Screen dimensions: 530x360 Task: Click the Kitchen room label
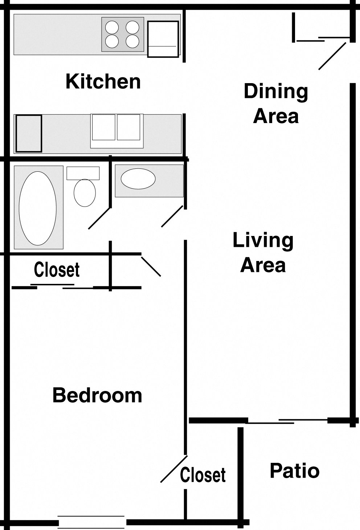click(103, 81)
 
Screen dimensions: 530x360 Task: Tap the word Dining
click(276, 91)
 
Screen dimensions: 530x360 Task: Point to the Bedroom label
click(97, 395)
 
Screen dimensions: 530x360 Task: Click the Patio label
click(294, 471)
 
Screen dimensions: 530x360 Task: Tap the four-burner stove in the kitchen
click(122, 34)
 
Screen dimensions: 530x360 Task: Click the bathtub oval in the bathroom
click(38, 208)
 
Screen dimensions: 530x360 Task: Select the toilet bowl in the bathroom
click(85, 192)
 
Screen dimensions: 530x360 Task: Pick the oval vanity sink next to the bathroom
click(138, 179)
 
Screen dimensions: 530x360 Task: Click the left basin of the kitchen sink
click(103, 127)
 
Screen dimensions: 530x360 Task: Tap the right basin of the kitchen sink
click(128, 127)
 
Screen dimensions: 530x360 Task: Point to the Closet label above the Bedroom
click(57, 270)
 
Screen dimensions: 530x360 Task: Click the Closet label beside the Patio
click(203, 475)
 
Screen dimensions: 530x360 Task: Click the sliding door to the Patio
click(287, 421)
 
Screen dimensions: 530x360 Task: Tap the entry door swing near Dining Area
click(332, 56)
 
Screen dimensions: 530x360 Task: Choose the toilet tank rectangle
click(83, 173)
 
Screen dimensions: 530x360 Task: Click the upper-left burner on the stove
click(112, 27)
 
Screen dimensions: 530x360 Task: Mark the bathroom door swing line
click(99, 218)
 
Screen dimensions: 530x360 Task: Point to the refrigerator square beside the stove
click(163, 39)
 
